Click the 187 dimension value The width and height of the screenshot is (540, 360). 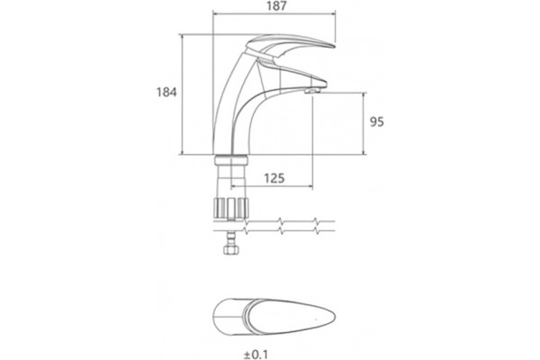(276, 6)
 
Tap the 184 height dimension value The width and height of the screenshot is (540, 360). (166, 93)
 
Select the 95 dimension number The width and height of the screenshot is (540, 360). (376, 122)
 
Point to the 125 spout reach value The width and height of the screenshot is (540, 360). (274, 178)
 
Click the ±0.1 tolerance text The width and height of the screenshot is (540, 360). (256, 354)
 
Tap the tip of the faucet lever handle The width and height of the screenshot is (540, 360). (334, 46)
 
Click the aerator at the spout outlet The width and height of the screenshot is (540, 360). (312, 91)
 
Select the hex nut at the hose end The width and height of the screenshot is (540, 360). (231, 249)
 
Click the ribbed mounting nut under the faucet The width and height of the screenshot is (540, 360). (231, 209)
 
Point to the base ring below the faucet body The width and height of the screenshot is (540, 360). (231, 160)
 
